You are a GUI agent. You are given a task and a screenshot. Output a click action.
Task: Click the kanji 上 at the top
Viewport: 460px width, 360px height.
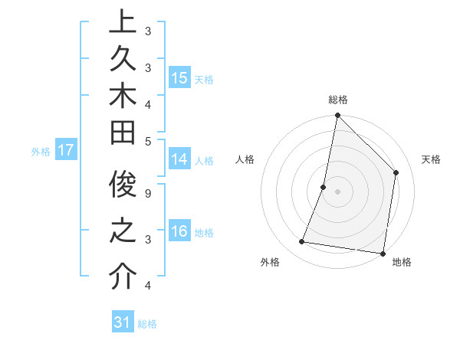[122, 23]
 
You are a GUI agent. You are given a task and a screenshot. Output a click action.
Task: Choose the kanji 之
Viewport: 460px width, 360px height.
[122, 230]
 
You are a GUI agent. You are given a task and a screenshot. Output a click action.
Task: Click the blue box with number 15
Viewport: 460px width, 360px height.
[179, 78]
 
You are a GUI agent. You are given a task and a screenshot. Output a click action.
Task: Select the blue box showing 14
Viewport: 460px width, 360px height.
[179, 159]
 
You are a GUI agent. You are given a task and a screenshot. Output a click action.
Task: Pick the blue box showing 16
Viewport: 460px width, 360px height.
[179, 231]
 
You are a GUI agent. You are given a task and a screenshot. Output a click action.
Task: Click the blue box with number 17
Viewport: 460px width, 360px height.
[66, 150]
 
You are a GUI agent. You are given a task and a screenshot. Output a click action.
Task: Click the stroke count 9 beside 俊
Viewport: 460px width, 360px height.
[147, 195]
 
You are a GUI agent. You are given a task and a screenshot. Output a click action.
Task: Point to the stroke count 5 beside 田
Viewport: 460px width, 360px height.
[147, 141]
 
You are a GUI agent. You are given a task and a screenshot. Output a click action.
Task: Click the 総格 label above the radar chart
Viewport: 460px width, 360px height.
[338, 100]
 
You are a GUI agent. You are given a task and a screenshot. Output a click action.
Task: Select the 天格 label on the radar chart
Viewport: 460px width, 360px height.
[431, 159]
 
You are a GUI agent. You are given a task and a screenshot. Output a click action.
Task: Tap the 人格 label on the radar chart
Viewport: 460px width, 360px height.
[245, 159]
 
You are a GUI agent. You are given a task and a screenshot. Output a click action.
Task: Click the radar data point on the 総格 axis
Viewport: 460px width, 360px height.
[337, 116]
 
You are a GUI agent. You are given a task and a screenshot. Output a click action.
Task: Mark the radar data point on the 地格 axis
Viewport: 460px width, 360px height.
[383, 253]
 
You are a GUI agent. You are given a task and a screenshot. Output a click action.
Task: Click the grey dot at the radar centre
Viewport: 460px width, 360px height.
[337, 191]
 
